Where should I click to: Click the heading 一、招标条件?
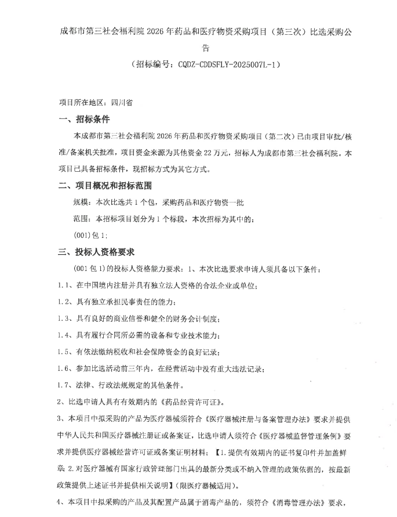pyautogui.click(x=84, y=120)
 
